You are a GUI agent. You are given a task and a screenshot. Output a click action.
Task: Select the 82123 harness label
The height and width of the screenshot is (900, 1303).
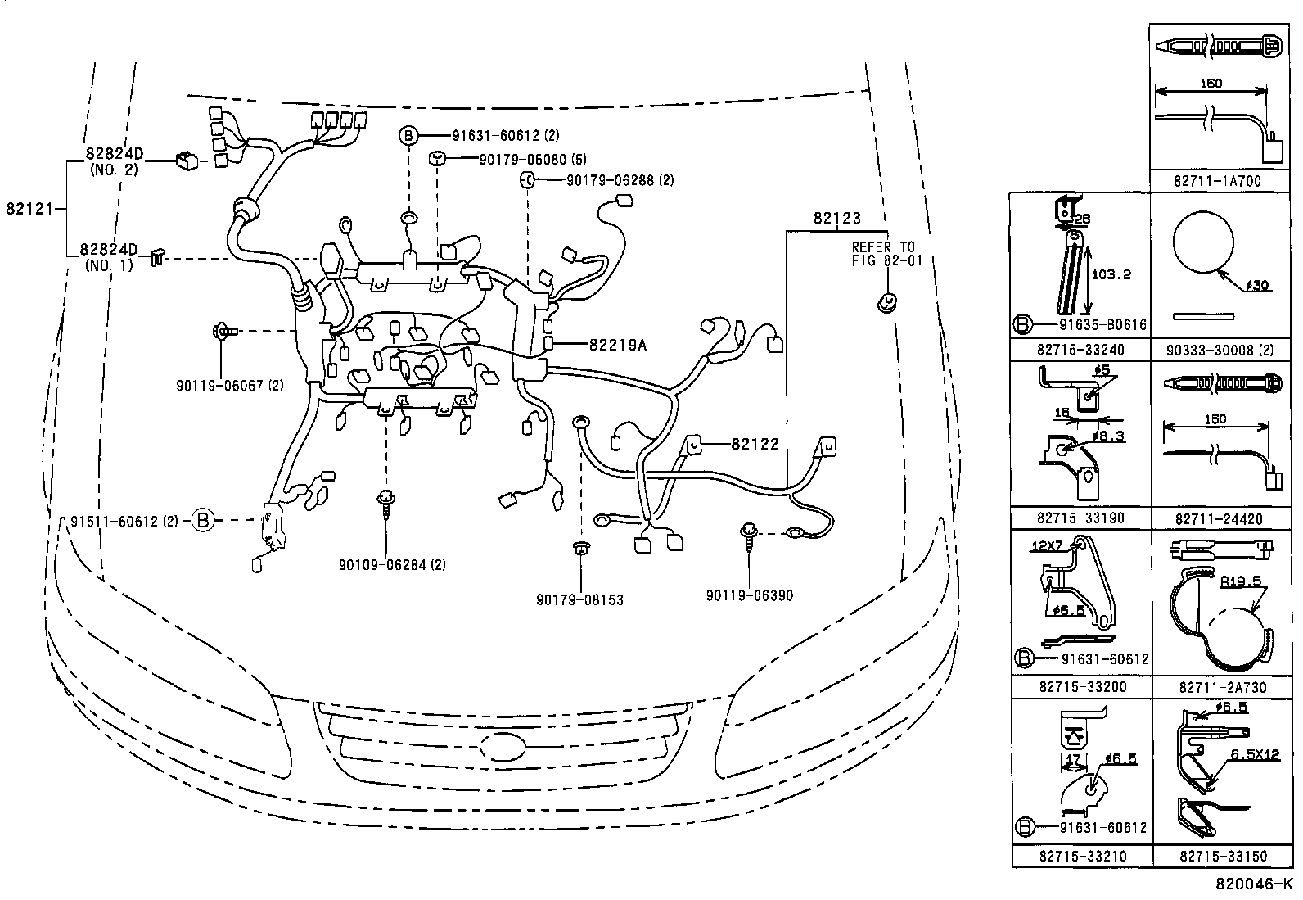point(836,219)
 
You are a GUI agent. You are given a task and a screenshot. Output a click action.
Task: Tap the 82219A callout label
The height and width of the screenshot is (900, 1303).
point(617,345)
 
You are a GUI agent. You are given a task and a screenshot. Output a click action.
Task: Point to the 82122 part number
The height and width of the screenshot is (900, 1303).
point(754,444)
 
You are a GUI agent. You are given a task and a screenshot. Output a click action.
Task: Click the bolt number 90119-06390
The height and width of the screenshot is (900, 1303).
point(749,595)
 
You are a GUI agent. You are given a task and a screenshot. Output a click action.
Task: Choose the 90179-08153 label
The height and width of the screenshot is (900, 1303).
point(579,599)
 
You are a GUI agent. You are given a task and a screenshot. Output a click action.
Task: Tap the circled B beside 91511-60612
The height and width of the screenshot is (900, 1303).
point(203,519)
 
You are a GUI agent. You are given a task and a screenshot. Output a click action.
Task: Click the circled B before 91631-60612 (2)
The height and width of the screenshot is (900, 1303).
point(408,135)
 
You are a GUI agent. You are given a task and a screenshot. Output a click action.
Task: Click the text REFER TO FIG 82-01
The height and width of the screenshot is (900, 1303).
point(883,253)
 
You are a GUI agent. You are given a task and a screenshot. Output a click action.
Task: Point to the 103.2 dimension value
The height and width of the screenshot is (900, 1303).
point(1111,274)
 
